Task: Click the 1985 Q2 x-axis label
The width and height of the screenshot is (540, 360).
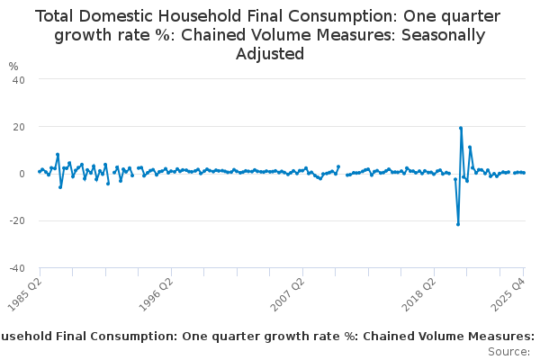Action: coord(22,292)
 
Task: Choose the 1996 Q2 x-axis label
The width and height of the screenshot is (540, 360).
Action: coord(154,292)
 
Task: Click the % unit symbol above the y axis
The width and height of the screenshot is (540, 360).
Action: coord(13,66)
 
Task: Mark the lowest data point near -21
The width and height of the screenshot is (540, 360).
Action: coord(458,224)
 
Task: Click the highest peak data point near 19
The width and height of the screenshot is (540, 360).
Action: coord(461,128)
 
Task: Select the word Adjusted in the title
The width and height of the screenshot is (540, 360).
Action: coord(270,54)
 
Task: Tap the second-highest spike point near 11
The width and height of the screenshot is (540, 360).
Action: coord(470,147)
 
